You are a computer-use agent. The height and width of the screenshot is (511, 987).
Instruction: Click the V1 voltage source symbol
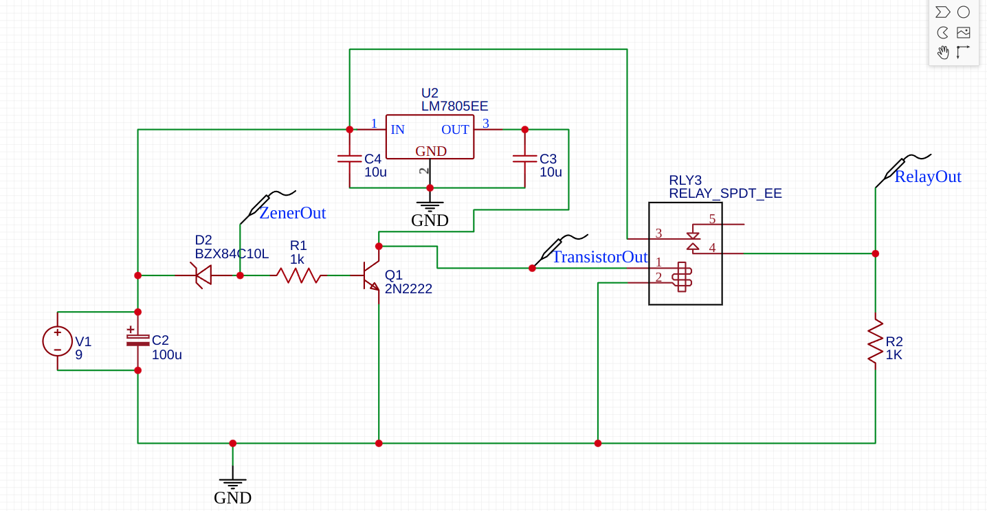58,341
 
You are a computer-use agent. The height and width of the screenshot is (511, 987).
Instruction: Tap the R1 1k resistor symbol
298,275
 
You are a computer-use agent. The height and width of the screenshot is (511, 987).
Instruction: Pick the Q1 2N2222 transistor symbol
372,275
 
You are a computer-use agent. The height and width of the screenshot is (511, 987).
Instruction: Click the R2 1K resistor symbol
875,341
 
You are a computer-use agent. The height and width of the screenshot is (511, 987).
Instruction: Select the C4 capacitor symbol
349,159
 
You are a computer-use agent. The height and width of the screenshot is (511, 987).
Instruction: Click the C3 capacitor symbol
524,159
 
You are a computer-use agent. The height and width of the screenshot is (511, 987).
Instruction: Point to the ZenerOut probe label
292,213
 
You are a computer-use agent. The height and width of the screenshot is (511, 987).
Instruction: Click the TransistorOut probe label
600,258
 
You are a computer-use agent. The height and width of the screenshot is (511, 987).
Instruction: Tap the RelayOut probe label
927,177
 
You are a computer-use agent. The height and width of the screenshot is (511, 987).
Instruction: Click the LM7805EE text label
454,106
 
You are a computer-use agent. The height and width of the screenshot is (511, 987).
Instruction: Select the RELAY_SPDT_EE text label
725,193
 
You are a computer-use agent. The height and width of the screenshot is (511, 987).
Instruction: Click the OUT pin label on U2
455,130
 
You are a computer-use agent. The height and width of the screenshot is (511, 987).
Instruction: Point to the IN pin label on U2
397,130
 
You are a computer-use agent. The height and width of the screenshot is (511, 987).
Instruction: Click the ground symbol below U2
430,206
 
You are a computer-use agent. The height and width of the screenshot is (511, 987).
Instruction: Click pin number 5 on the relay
712,219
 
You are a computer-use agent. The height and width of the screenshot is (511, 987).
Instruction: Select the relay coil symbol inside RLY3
682,276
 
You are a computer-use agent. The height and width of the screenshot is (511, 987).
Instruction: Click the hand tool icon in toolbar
943,52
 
